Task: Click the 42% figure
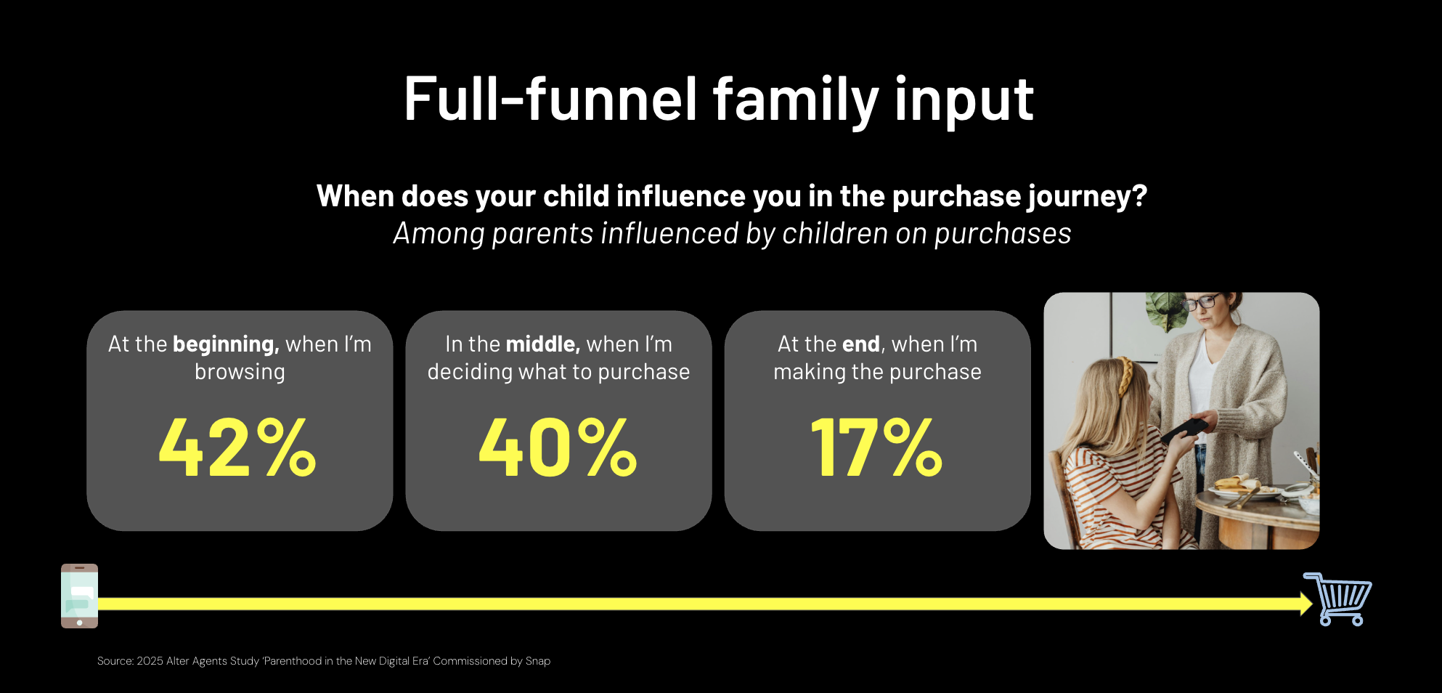(237, 447)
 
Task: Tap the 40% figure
(558, 447)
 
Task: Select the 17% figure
(876, 447)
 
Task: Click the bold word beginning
(226, 344)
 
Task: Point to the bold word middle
(543, 344)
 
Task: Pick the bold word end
(861, 344)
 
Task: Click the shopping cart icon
(1337, 599)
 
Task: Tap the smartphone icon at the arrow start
(79, 596)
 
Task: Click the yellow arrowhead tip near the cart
(1313, 604)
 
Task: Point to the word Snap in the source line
(538, 661)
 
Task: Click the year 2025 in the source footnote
(150, 661)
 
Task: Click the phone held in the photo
(1183, 429)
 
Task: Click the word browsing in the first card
(240, 372)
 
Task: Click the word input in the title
(964, 101)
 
